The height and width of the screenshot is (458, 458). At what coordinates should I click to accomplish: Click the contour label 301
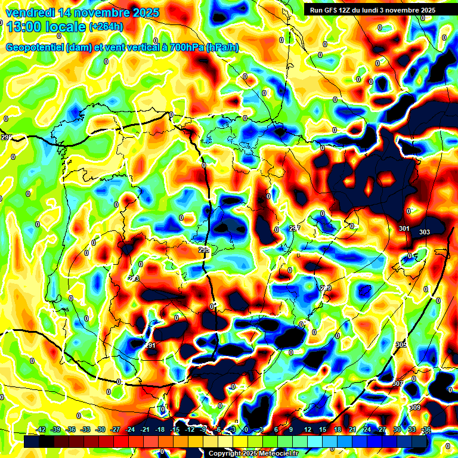click(404, 229)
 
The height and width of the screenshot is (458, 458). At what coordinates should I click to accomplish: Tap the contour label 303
click(425, 232)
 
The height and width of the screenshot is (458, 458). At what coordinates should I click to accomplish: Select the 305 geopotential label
click(401, 345)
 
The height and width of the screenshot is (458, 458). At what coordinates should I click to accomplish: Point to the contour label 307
click(398, 383)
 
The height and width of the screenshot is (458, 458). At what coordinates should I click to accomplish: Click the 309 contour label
click(415, 407)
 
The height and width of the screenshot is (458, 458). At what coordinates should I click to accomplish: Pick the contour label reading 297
click(294, 228)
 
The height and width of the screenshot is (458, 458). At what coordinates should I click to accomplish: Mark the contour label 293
click(204, 250)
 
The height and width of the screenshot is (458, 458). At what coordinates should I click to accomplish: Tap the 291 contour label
click(151, 346)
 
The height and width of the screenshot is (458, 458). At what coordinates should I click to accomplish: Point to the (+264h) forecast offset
click(107, 27)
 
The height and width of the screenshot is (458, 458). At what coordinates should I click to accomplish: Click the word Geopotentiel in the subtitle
click(35, 48)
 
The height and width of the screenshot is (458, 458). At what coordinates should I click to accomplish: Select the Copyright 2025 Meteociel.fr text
click(253, 453)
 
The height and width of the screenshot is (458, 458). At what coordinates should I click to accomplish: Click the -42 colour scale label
click(41, 429)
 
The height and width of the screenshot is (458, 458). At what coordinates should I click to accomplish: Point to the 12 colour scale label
click(307, 429)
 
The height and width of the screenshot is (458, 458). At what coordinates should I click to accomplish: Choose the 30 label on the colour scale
click(396, 429)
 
